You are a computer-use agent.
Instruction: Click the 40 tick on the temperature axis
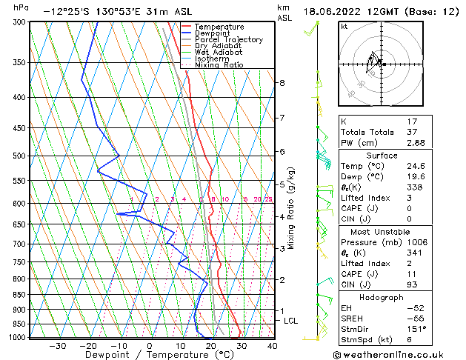tap(273, 346)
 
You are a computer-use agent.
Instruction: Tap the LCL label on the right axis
tap(290, 321)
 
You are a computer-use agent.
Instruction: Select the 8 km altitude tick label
tap(282, 83)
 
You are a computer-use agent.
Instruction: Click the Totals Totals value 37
tap(413, 132)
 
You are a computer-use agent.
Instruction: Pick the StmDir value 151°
tap(416, 329)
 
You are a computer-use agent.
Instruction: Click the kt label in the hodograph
tap(344, 26)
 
